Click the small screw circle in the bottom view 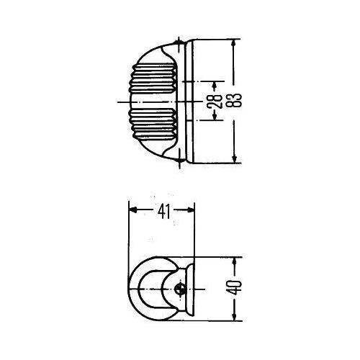pos(180,289)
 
